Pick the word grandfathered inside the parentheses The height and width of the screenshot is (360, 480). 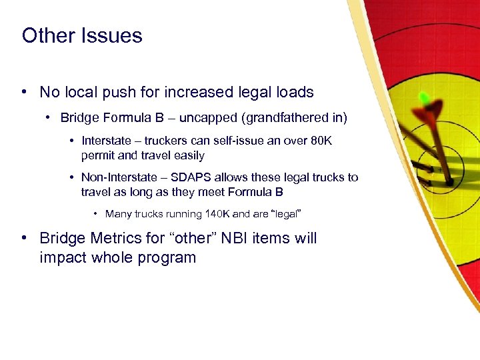pyautogui.click(x=289, y=118)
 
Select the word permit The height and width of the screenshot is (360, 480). pyautogui.click(x=97, y=155)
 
